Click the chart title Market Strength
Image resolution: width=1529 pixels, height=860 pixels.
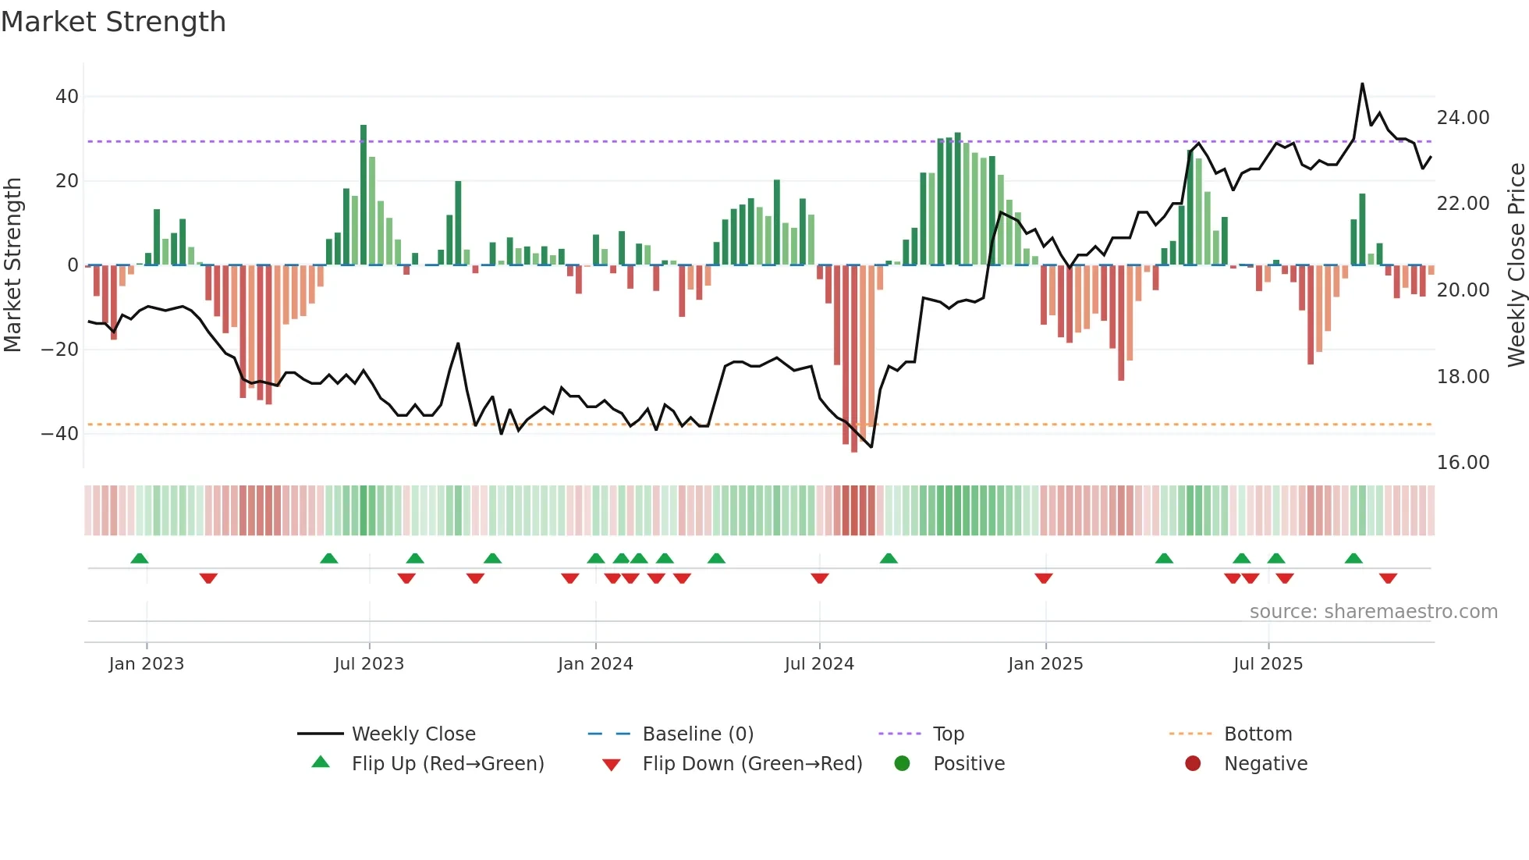point(113,22)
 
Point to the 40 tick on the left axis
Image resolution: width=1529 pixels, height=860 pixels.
point(67,97)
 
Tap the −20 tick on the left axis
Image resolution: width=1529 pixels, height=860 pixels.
point(60,350)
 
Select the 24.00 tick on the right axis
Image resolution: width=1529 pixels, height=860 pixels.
point(1463,118)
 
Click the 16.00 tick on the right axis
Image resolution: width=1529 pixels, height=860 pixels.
point(1463,463)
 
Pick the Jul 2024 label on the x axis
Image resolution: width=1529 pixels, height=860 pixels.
point(819,664)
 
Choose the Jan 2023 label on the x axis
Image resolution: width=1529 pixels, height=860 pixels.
point(147,664)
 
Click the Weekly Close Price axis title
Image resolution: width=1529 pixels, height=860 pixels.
point(1516,265)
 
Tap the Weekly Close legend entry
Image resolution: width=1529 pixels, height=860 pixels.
point(413,734)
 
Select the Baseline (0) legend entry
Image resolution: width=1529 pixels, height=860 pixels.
point(697,734)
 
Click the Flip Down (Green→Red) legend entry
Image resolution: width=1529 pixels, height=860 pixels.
point(752,764)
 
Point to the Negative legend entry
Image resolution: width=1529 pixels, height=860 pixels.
point(1265,764)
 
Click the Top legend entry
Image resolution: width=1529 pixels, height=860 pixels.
point(949,734)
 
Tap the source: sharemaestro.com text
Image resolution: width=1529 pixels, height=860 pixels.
point(1373,612)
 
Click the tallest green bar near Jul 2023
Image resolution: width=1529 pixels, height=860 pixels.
point(364,195)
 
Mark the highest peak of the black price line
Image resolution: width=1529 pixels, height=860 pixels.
point(1362,84)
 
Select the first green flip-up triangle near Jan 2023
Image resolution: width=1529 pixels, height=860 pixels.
point(140,559)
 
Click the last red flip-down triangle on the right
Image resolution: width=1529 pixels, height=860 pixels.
point(1388,578)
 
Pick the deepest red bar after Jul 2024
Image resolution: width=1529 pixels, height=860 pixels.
point(854,359)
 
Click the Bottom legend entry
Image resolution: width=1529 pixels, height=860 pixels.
point(1258,734)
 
